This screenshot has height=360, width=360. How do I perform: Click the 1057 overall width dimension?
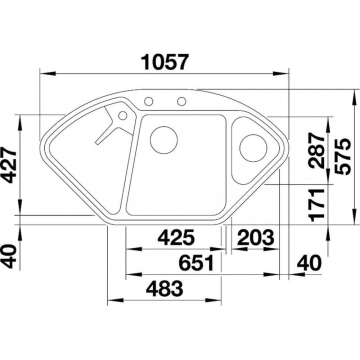click(165, 62)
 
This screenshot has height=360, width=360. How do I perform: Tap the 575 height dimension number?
click(343, 156)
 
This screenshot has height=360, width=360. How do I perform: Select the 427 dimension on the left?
click(8, 166)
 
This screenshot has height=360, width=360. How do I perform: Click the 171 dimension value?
click(317, 205)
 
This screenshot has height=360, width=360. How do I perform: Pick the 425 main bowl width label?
click(176, 237)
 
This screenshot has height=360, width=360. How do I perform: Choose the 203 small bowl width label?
click(256, 237)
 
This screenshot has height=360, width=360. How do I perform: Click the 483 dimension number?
click(164, 288)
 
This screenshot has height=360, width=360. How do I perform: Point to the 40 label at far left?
click(8, 256)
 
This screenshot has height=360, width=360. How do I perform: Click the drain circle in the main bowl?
click(163, 140)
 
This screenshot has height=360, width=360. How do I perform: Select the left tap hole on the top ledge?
click(148, 101)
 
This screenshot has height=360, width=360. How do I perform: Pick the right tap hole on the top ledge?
click(181, 101)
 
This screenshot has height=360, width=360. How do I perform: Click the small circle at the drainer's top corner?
click(123, 115)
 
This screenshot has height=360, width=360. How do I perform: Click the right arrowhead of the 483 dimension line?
click(213, 300)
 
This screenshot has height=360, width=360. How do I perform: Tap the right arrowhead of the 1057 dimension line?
click(281, 73)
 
